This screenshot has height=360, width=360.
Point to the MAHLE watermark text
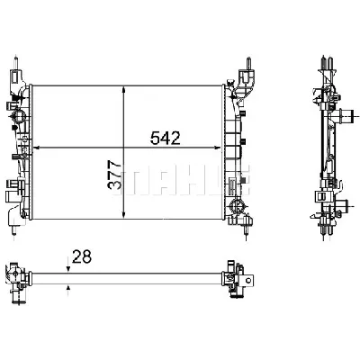click(x=180, y=175)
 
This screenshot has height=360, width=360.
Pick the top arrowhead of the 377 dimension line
click(x=123, y=87)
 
